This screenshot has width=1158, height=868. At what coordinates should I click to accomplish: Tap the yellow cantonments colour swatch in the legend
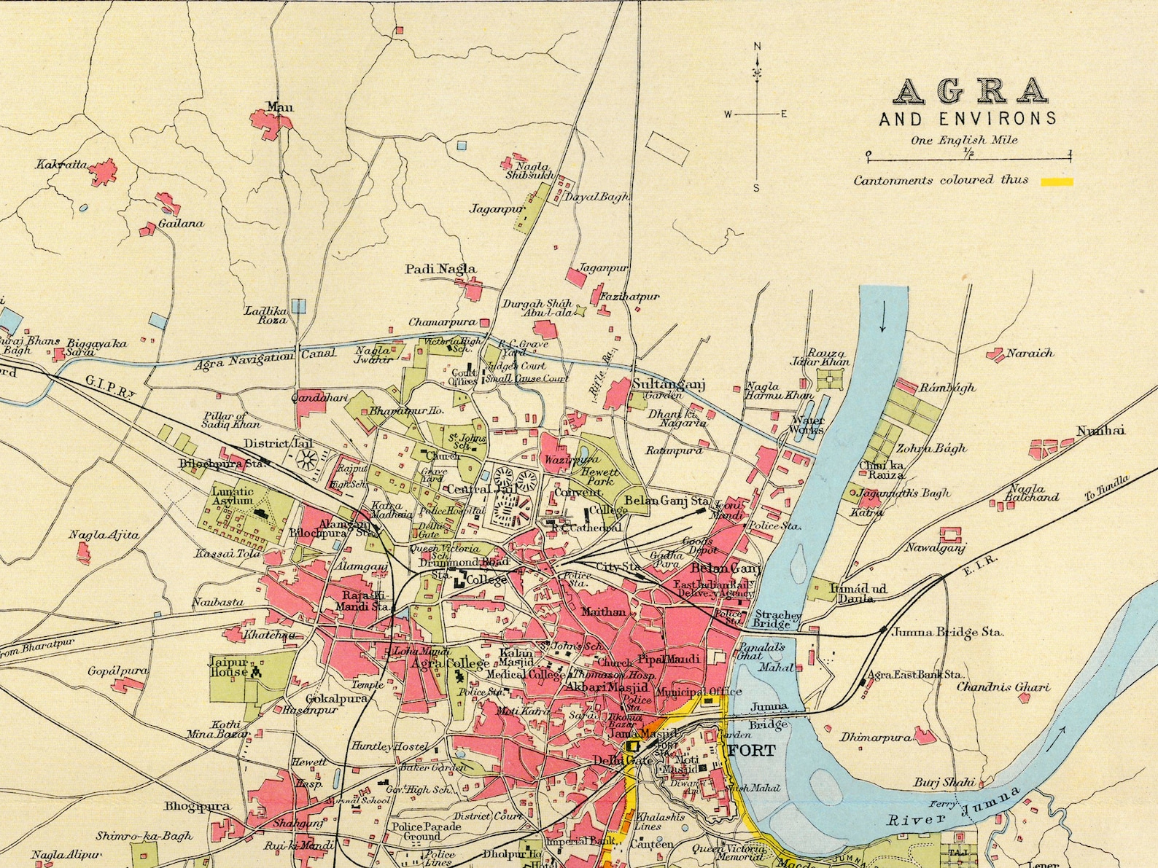pos(1057,181)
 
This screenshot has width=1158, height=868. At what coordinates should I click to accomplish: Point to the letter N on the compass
pos(757,47)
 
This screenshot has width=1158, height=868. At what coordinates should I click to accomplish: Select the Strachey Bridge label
pos(777,619)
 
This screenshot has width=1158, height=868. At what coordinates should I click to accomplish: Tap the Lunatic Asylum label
pos(233,496)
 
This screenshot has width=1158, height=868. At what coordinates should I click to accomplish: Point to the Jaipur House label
pos(229,667)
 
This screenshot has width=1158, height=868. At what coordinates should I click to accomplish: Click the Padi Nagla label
pos(440,269)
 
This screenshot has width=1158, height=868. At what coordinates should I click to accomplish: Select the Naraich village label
pos(1030,353)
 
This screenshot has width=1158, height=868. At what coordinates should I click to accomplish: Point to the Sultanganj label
pos(668,384)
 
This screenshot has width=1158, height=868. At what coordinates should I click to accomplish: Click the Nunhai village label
pos(1100,431)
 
